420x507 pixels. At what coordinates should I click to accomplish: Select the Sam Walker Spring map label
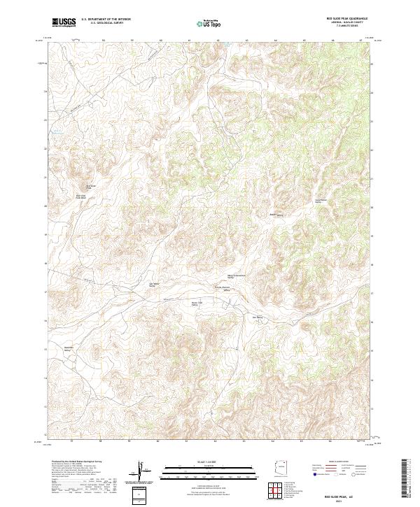(152, 284)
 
